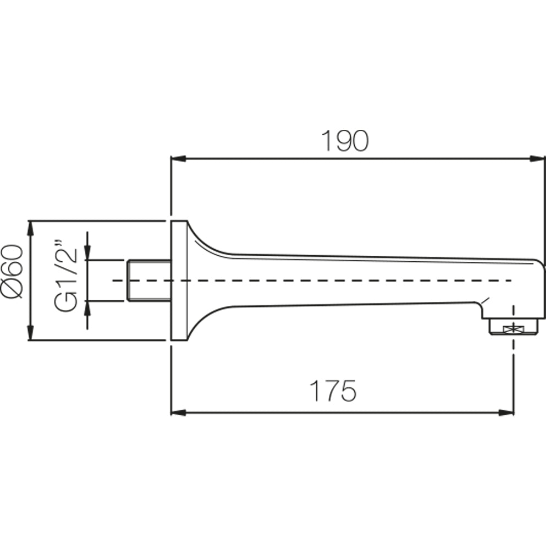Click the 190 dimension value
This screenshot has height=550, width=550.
pyautogui.click(x=345, y=141)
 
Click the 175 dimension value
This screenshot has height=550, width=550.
pyautogui.click(x=334, y=391)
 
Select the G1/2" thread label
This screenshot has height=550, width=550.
pyautogui.click(x=65, y=276)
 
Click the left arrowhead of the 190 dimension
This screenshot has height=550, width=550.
pyautogui.click(x=178, y=159)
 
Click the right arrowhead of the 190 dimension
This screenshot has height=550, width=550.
pyautogui.click(x=538, y=159)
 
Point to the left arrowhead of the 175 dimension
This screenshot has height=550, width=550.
pyautogui.click(x=178, y=413)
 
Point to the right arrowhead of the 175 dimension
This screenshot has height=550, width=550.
pyautogui.click(x=507, y=413)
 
